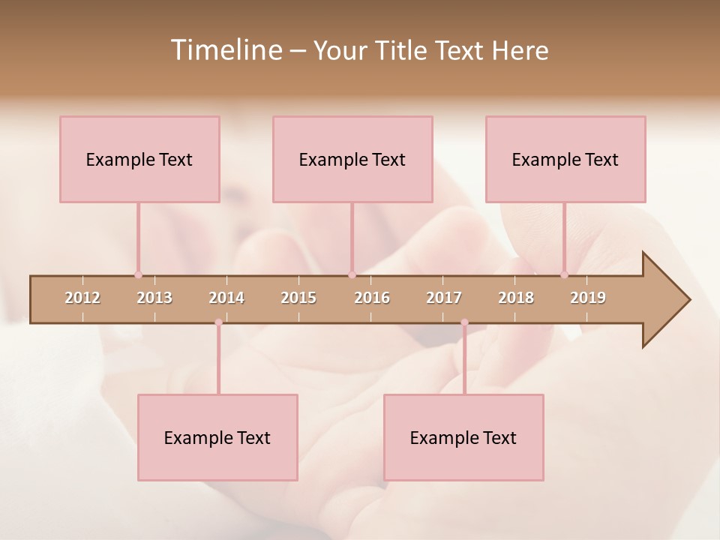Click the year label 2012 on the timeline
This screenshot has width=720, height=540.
(82, 298)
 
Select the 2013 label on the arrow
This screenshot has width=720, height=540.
(154, 298)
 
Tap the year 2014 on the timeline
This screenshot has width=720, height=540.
(226, 298)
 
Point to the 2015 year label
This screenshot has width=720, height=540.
(298, 298)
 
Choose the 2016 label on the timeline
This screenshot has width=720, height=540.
(372, 298)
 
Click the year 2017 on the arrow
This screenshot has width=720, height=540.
(444, 298)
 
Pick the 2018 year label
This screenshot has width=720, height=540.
(516, 298)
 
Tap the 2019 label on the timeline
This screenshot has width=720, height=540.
(588, 298)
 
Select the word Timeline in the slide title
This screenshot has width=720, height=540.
(226, 50)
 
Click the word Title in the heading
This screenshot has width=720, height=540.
(403, 51)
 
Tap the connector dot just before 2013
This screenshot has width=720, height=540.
(138, 274)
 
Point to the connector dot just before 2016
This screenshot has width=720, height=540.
(352, 274)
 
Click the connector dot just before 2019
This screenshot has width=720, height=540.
(565, 274)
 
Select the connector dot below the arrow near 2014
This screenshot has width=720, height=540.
(218, 322)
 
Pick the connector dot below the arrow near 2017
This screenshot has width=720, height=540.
(464, 322)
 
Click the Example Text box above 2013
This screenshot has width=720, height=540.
(139, 159)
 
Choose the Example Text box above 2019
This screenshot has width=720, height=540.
(565, 159)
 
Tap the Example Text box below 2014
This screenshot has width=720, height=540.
(217, 437)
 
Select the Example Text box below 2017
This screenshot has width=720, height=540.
(463, 437)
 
